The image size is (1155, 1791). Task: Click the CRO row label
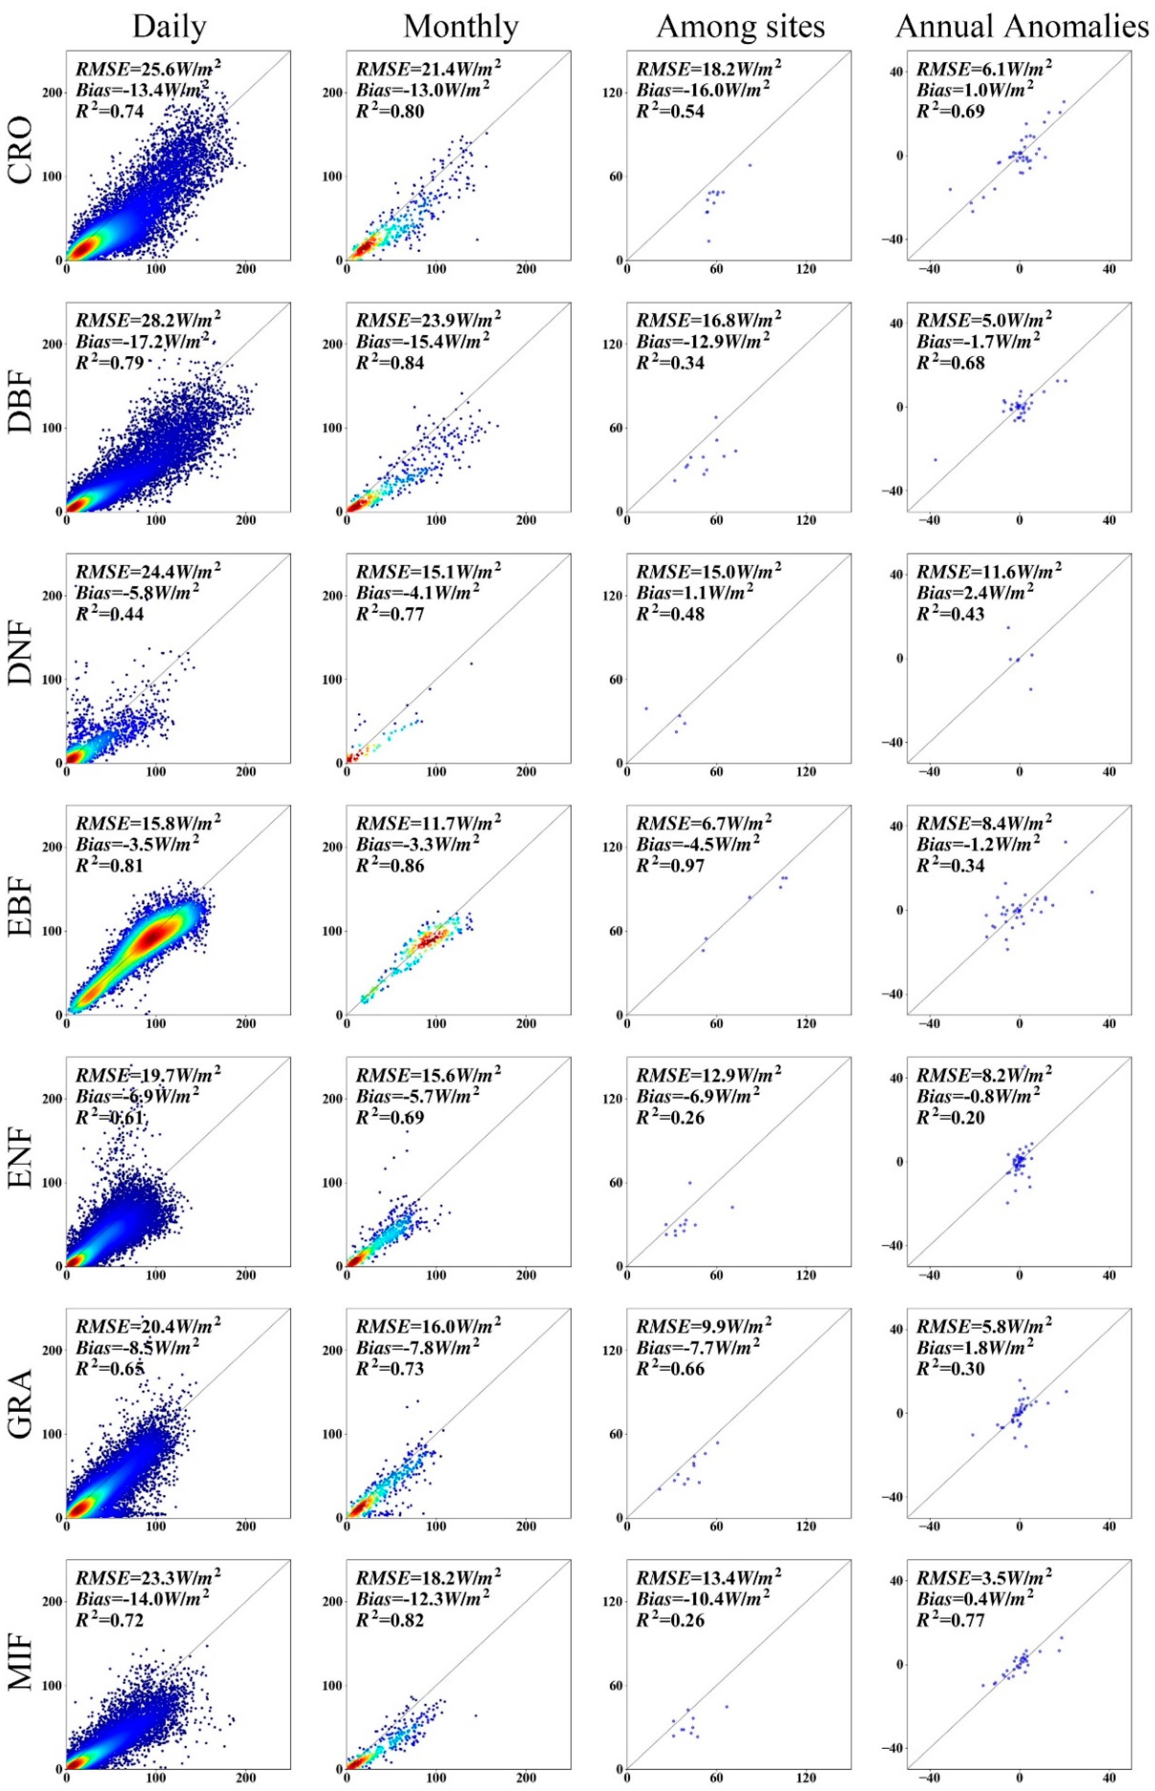pyautogui.click(x=21, y=150)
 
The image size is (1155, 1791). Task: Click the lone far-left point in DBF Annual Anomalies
pyautogui.click(x=935, y=459)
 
